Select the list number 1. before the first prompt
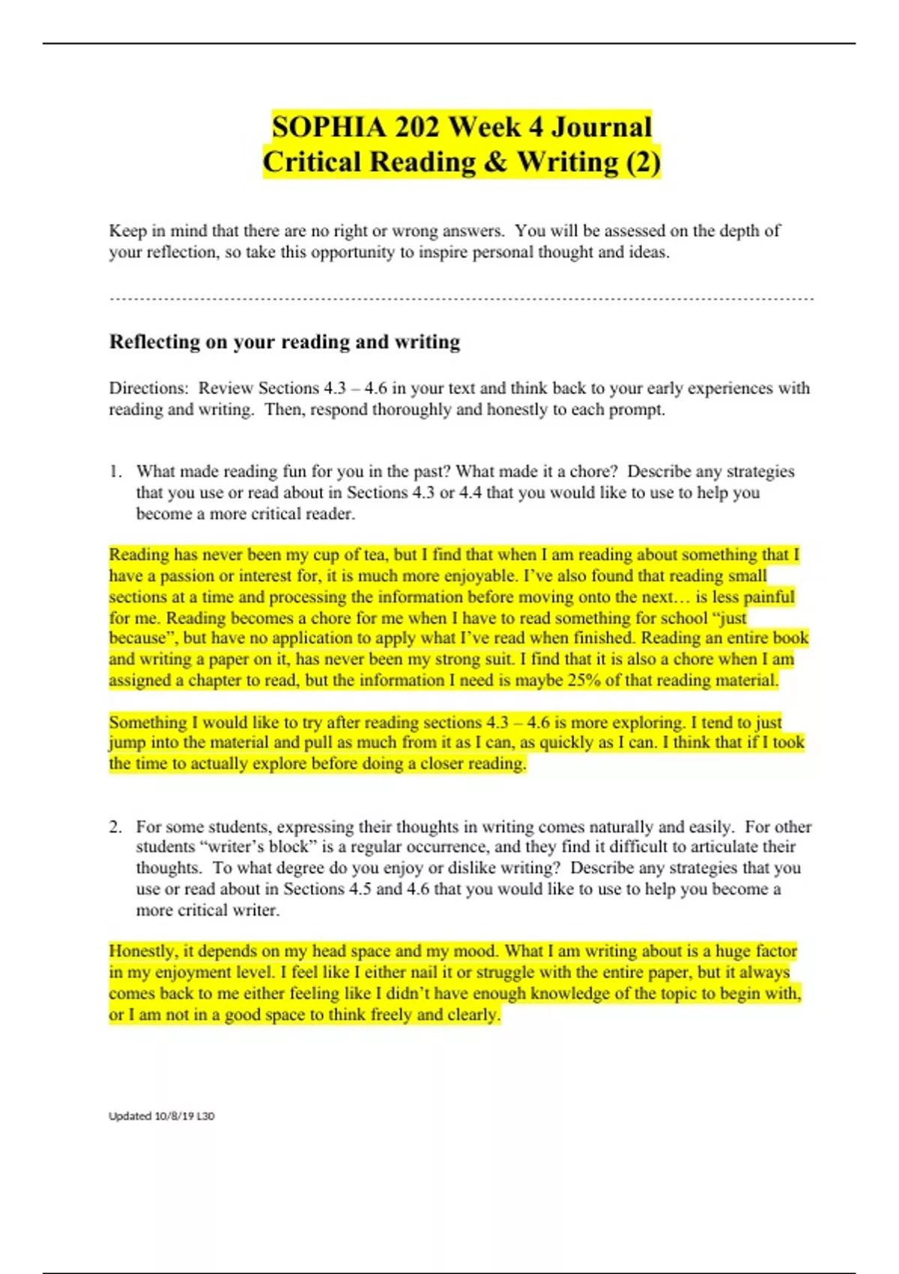[x=115, y=471]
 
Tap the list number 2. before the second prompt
[x=115, y=827]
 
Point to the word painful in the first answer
[x=763, y=597]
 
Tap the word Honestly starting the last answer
[x=143, y=951]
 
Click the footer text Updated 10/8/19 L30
[x=161, y=1116]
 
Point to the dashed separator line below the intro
[x=461, y=299]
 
